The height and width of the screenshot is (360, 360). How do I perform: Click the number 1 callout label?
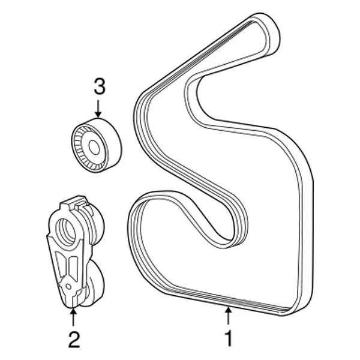point(228,337)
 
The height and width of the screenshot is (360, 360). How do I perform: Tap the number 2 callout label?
point(73,339)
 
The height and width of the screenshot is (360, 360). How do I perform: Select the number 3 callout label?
point(99,87)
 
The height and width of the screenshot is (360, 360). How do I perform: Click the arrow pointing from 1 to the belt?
point(228,315)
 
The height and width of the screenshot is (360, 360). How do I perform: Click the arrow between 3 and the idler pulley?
point(99,109)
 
